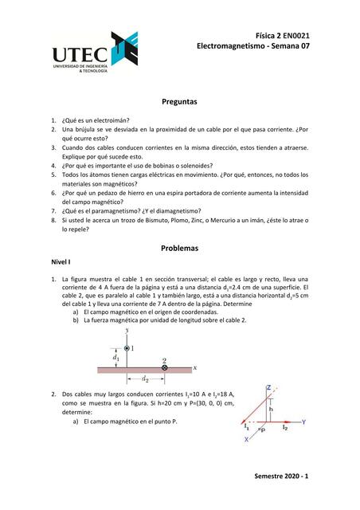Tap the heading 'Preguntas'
[x=179, y=103]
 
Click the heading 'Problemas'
[x=179, y=248]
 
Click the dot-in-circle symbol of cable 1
[x=127, y=348]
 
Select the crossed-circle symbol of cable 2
[x=164, y=367]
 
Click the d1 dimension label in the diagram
[x=117, y=358]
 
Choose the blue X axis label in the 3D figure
[x=246, y=438]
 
